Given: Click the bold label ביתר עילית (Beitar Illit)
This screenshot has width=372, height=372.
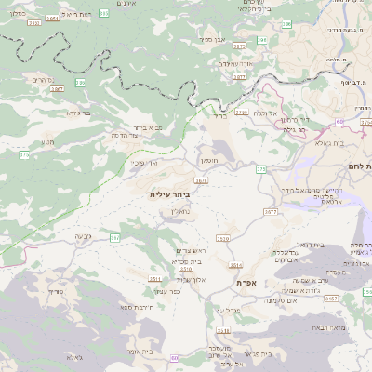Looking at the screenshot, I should point(168,195).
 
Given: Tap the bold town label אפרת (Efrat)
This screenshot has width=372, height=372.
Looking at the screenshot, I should point(246,282).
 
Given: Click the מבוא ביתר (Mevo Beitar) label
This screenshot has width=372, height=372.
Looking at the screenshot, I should point(142,127).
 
